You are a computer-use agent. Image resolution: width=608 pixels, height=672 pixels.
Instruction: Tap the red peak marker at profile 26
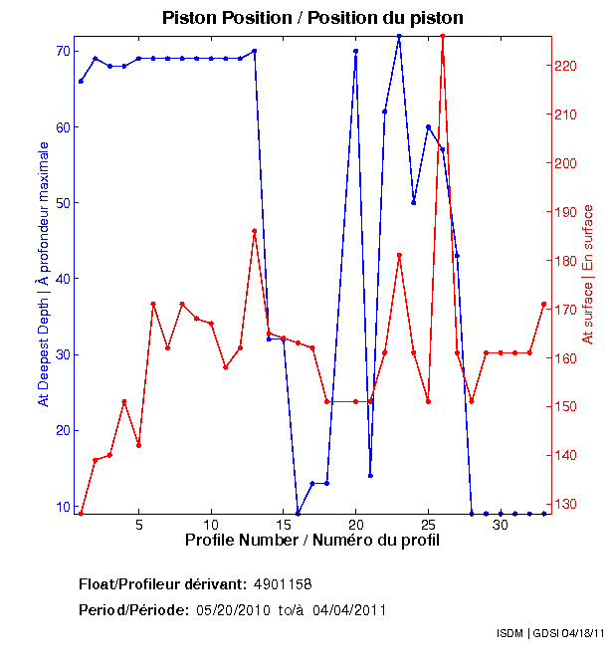(x=442, y=36)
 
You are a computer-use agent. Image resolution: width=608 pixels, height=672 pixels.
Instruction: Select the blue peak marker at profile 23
(x=399, y=36)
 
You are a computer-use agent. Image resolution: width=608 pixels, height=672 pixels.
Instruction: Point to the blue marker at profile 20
(x=355, y=51)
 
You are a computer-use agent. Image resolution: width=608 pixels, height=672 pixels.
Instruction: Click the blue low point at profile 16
(x=298, y=514)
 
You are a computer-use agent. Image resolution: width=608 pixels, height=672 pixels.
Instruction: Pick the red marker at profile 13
(x=255, y=231)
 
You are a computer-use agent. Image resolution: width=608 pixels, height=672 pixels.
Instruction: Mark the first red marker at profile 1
(x=81, y=514)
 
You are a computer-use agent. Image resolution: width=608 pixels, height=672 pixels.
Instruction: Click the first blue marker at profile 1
(x=81, y=81)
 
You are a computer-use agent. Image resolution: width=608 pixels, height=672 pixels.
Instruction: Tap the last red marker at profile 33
(x=544, y=304)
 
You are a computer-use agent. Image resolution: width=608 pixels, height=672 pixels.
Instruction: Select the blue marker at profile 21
(x=370, y=476)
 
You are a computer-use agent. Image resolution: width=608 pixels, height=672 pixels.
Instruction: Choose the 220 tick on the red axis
(x=563, y=66)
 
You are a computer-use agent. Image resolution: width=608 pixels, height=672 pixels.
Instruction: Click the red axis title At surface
(x=588, y=274)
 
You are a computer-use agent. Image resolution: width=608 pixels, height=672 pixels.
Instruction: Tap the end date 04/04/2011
(x=352, y=609)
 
